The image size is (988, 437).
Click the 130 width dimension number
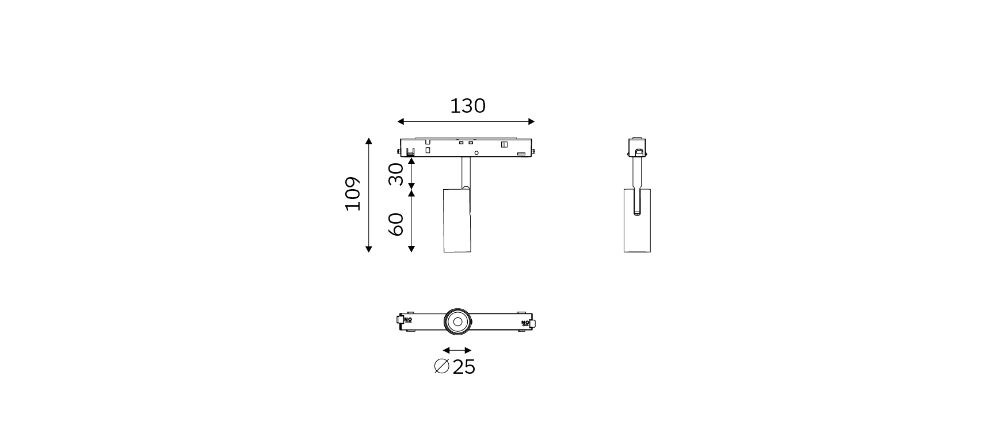(x=467, y=106)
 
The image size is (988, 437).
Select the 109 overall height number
(x=353, y=194)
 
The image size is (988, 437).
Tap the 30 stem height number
(x=396, y=174)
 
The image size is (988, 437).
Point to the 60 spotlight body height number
(x=396, y=224)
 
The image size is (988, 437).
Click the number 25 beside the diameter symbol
(x=464, y=367)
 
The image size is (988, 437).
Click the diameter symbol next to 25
(x=441, y=366)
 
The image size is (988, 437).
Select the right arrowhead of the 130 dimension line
(x=532, y=121)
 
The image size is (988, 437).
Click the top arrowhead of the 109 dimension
(x=369, y=141)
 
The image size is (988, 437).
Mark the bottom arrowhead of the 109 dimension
(x=369, y=249)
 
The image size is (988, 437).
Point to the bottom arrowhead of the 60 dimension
(x=411, y=248)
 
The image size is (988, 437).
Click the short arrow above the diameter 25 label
(x=457, y=350)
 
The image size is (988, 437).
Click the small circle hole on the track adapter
(x=476, y=153)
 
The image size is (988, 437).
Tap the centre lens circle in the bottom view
(x=457, y=321)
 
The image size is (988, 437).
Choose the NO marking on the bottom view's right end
(x=525, y=323)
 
